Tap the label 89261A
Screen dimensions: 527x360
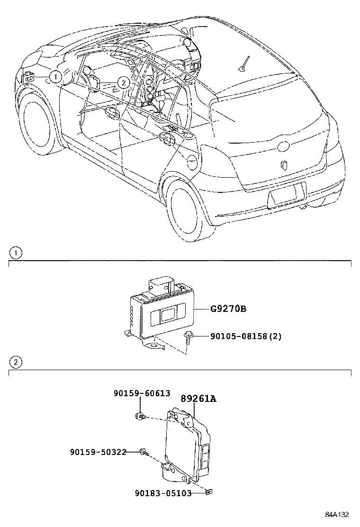coord(198,399)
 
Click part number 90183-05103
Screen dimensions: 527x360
coord(162,493)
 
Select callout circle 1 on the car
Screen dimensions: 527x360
coord(55,76)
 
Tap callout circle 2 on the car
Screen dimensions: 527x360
coord(123,82)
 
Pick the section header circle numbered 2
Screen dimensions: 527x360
coord(16,363)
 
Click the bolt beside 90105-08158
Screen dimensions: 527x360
coord(188,337)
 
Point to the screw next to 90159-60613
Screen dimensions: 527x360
coord(139,416)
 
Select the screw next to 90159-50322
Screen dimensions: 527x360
coord(143,453)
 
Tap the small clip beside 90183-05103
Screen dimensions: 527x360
coord(207,493)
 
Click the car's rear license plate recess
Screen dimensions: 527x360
coord(286,196)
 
